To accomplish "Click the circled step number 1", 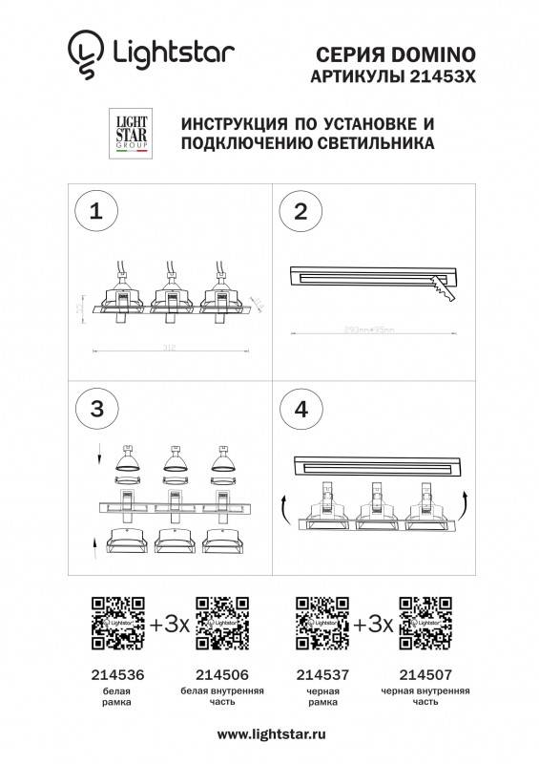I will pos(94,212).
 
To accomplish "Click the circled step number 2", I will pos(300,212).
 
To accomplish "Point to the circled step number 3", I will pos(94,410).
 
